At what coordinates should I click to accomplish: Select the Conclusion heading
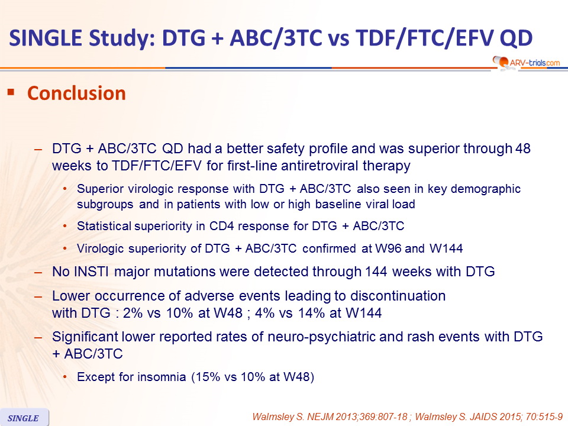pyautogui.click(x=76, y=93)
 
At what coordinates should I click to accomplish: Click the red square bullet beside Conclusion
pyautogui.click(x=11, y=92)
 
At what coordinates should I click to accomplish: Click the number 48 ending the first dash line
pyautogui.click(x=522, y=149)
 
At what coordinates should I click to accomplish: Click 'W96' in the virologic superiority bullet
pyautogui.click(x=388, y=248)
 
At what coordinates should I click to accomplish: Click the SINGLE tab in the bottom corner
pyautogui.click(x=24, y=418)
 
